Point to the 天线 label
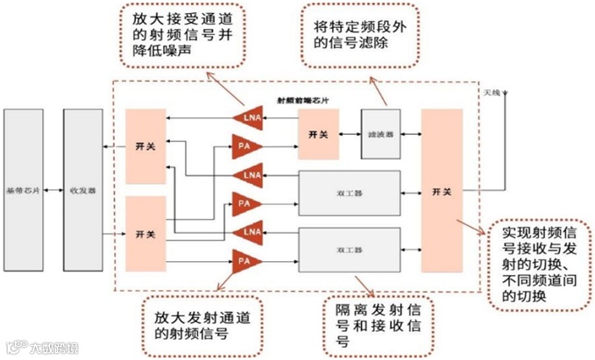[x=492, y=92]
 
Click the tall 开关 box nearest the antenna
[x=442, y=190]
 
